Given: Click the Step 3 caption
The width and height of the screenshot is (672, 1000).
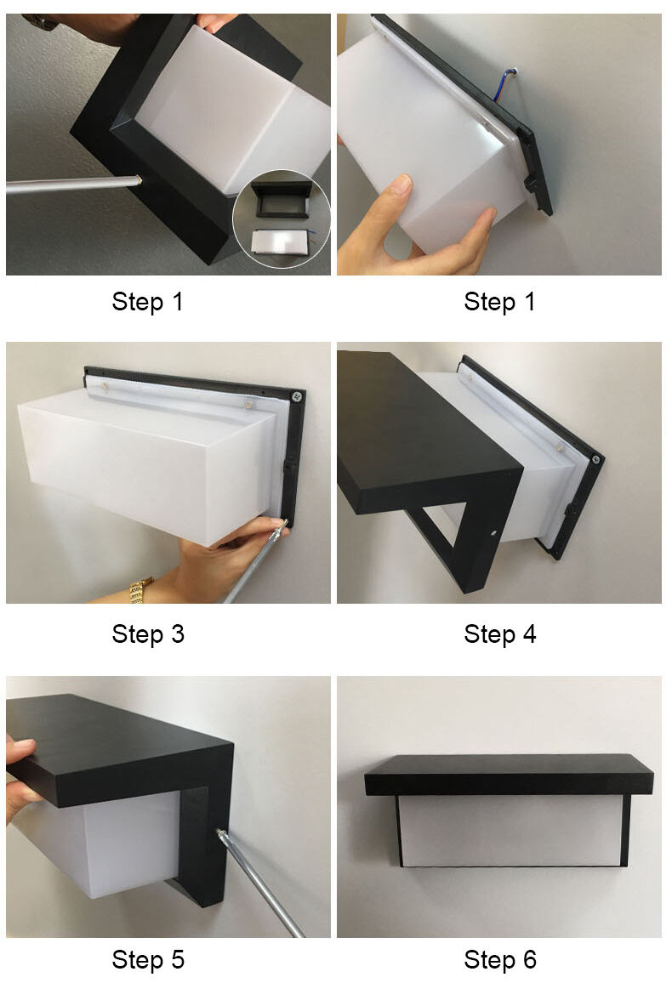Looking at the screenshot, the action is point(148,634).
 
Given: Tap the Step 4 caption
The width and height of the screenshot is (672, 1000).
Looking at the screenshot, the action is point(499,634).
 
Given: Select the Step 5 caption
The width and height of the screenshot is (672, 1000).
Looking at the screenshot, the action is point(148,959).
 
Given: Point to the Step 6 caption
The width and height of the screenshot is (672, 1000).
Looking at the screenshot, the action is point(499,959).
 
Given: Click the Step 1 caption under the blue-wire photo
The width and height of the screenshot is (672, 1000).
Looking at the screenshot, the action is point(499,301).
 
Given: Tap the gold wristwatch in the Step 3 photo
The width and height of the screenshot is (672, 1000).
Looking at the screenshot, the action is point(142,590).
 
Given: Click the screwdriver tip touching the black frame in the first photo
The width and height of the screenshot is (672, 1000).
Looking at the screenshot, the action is point(139,180).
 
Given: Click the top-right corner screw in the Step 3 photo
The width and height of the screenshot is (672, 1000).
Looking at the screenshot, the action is point(297,396).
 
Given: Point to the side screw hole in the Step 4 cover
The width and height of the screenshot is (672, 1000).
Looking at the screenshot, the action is point(493,531).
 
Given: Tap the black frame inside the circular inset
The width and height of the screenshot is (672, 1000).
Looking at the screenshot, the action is point(281,198).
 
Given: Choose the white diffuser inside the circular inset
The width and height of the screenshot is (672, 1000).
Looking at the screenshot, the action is point(280,241).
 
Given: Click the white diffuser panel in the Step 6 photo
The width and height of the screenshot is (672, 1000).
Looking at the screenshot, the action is point(510,830).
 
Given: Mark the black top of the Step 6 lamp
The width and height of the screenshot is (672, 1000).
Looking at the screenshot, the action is point(510,774).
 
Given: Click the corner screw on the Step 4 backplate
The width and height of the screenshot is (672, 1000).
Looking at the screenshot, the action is point(595,459).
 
